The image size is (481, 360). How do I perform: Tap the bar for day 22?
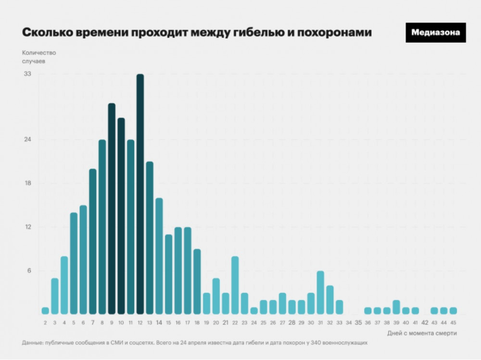(235, 285)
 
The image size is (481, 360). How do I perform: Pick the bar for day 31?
(320, 292)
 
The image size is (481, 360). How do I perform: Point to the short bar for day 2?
(45, 310)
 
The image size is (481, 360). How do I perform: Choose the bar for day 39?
(396, 307)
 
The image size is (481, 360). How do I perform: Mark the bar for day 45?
(453, 310)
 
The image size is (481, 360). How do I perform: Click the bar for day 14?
(159, 256)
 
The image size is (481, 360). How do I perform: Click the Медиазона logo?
(435, 33)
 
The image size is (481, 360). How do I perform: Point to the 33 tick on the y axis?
(27, 74)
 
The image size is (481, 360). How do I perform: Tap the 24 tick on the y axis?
(27, 140)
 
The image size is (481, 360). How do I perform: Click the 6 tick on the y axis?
(29, 271)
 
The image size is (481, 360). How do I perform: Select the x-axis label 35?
(358, 323)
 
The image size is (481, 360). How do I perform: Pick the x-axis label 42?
(425, 323)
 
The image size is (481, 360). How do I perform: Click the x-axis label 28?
(292, 323)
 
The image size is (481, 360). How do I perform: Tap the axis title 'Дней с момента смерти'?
(422, 333)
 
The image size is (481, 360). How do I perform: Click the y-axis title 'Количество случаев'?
(39, 57)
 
